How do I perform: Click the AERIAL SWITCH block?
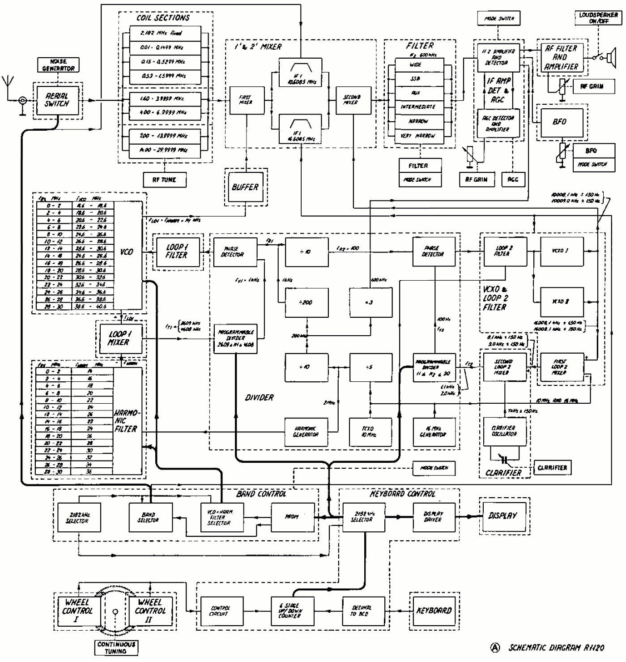pos(57,100)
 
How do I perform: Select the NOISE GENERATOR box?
pos(58,65)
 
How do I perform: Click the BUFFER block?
pos(245,187)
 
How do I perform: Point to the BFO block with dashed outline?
pos(560,122)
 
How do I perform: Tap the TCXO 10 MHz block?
pos(370,431)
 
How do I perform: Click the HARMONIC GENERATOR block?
pos(306,431)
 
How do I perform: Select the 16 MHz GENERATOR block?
pos(433,431)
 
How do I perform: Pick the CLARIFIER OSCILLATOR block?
pos(504,431)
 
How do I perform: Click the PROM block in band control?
pos(292,517)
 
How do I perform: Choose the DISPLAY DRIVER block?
pos(433,517)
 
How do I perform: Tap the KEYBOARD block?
pos(434,611)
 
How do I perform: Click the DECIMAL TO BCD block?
pos(363,611)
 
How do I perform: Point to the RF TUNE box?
pos(165,179)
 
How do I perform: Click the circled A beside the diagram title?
pos(495,647)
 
